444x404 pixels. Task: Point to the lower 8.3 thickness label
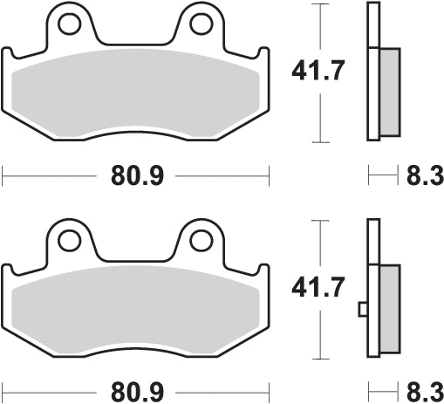coord(421,390)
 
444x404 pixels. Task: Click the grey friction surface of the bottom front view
coord(135,310)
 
